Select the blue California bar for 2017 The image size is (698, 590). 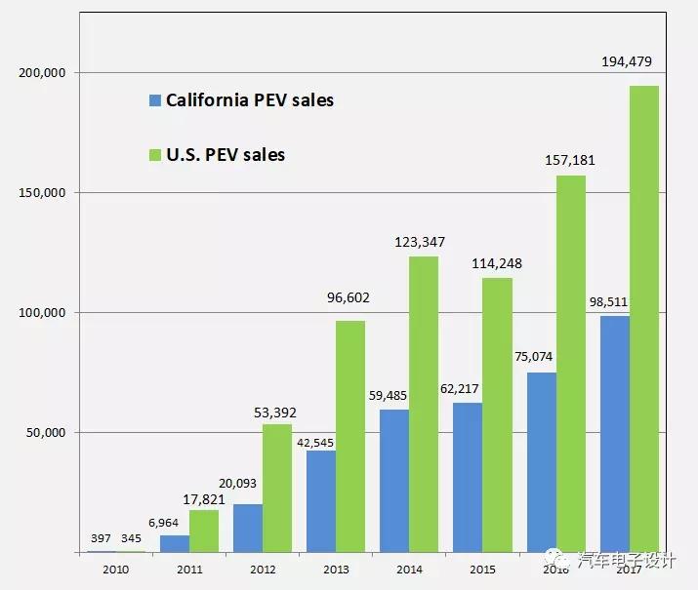coord(614,434)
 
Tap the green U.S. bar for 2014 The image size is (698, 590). coord(424,404)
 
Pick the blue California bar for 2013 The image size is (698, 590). coord(321,501)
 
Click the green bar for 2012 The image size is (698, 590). coord(277,488)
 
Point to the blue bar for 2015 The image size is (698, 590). coord(468,477)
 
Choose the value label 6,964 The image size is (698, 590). coord(175,524)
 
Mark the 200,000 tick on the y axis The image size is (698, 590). coord(42,73)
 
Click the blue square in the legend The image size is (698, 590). coord(154,100)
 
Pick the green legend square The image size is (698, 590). coord(154,155)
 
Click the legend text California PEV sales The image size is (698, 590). coord(250,100)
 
